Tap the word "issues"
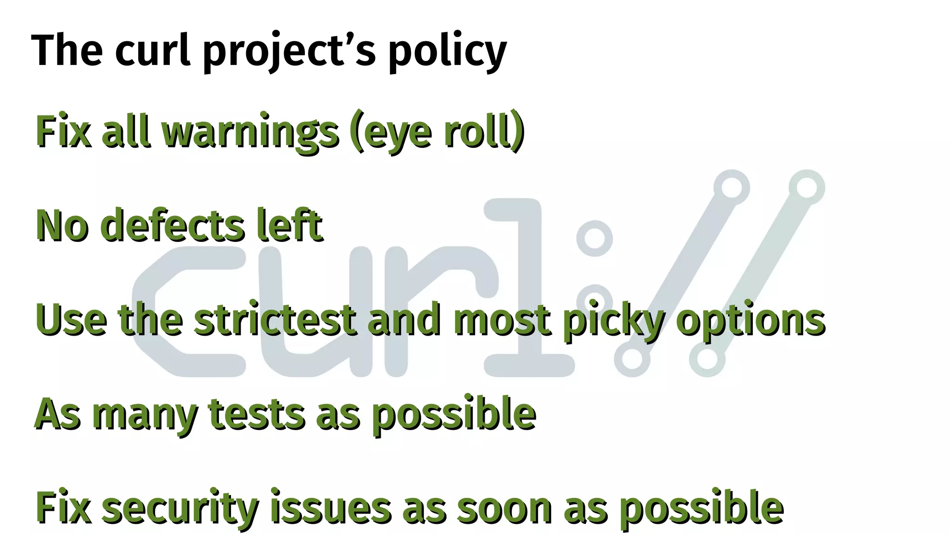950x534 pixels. [331, 508]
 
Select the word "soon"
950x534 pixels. [504, 508]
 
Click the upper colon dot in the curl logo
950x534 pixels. [594, 238]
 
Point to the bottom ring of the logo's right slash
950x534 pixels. [707, 359]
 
